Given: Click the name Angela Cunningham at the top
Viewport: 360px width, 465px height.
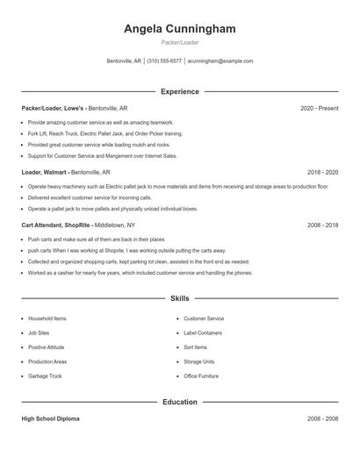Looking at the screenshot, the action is click(x=179, y=29).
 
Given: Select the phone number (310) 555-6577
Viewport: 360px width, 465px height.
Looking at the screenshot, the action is click(x=164, y=61).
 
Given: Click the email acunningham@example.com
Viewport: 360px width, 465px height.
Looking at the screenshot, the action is click(x=220, y=61).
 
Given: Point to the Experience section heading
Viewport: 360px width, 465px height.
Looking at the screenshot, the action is click(x=179, y=91).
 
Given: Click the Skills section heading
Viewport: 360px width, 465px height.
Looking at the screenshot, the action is click(x=179, y=299).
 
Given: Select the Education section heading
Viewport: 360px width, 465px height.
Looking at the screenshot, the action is click(x=179, y=402).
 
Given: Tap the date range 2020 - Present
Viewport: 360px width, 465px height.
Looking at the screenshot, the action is click(x=319, y=108).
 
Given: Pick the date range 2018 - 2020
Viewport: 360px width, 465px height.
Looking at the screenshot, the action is click(x=322, y=173).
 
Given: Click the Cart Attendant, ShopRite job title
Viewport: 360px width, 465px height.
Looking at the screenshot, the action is click(x=56, y=225).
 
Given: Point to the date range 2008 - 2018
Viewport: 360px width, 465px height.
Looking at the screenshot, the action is click(x=322, y=225).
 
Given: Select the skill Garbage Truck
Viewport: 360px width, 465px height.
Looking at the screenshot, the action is click(x=45, y=376).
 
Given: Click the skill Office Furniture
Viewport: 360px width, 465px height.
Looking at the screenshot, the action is click(x=201, y=376).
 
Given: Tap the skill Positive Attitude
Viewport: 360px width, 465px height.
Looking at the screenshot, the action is click(x=47, y=347).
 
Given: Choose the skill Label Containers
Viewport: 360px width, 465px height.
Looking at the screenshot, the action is click(x=203, y=333).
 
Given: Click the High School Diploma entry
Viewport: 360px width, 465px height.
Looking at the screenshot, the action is click(x=50, y=418).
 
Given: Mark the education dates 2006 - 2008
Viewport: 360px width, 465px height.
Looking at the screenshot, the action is click(x=322, y=418).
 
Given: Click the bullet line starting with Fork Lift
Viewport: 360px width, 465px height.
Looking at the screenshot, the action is click(x=105, y=133).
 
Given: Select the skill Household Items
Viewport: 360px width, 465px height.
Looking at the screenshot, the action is click(x=47, y=318).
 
